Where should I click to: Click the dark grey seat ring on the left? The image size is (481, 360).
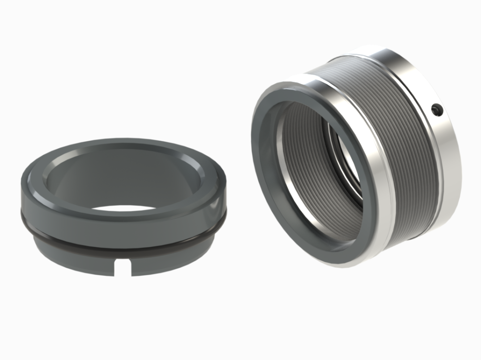120,207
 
